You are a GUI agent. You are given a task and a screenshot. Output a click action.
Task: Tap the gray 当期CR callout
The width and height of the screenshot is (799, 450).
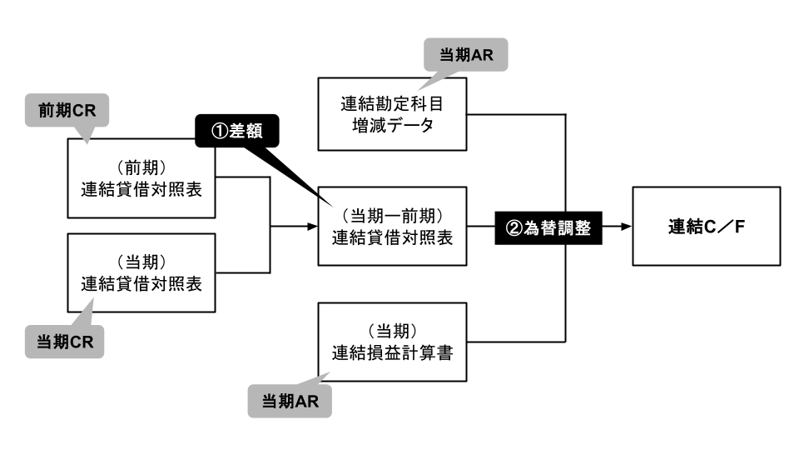tap(64, 342)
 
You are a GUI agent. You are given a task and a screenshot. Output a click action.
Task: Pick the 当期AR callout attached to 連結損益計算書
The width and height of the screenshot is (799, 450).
tap(290, 401)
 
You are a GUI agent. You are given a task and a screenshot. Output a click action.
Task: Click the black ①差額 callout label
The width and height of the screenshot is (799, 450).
tap(236, 131)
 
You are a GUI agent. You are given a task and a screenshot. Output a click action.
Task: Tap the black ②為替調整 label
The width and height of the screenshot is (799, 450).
tap(548, 227)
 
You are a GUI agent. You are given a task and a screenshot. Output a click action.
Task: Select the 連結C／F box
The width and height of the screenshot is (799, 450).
tap(707, 226)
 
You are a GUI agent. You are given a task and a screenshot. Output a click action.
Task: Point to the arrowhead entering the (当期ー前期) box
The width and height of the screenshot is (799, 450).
tap(311, 226)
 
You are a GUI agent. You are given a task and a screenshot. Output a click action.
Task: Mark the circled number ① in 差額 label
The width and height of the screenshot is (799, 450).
tap(214, 131)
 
